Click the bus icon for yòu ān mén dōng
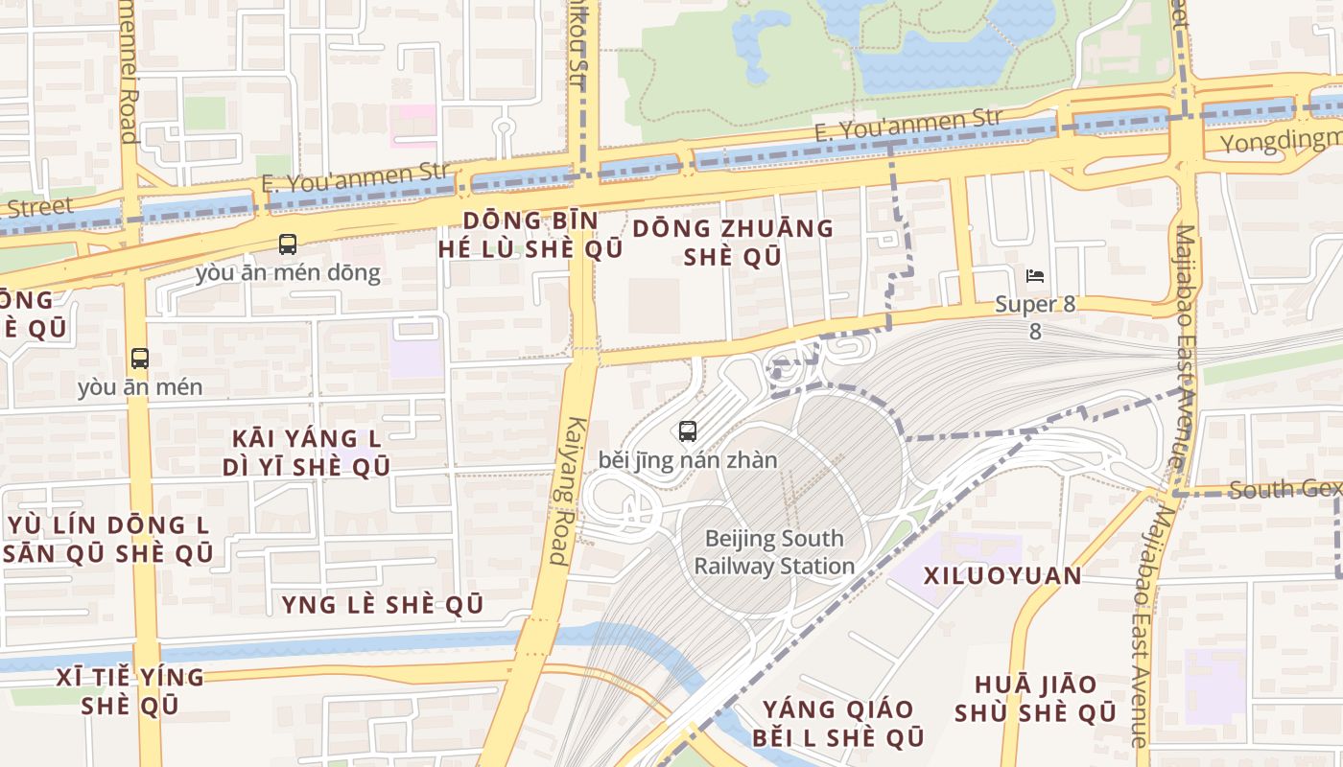click(x=288, y=244)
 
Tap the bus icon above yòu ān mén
click(x=140, y=360)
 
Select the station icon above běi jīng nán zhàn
click(x=688, y=431)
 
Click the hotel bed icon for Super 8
click(x=1035, y=276)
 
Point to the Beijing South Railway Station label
click(x=774, y=552)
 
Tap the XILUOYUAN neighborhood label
click(x=1002, y=576)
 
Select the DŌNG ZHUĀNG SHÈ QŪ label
click(x=733, y=242)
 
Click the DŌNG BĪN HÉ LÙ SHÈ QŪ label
click(x=530, y=235)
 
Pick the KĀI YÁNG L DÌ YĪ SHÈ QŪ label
click(x=307, y=453)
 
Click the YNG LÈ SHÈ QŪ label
click(x=382, y=605)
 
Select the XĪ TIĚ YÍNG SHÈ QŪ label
click(x=130, y=691)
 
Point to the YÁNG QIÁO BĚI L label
click(x=838, y=723)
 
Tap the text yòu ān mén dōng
click(x=288, y=273)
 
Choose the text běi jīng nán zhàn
click(x=688, y=460)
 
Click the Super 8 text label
click(x=1035, y=305)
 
